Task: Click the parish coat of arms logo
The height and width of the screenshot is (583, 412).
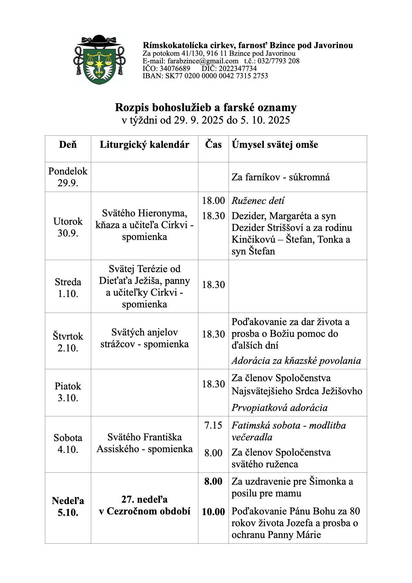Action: point(99,60)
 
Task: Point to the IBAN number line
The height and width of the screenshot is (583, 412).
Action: point(205,76)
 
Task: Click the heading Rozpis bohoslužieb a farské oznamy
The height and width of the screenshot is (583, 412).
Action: point(206,107)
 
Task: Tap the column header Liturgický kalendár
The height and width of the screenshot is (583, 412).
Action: point(144,145)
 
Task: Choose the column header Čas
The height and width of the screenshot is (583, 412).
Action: point(213,144)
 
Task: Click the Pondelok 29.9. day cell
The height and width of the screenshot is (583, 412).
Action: point(68,177)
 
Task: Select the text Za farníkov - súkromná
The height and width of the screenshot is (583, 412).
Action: point(280,177)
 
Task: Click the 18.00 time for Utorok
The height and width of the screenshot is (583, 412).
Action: point(213,200)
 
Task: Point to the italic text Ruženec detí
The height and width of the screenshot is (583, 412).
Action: point(258,201)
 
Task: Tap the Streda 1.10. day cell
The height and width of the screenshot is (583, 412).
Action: point(68,288)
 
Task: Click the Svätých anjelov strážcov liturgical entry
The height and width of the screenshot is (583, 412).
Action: point(144,338)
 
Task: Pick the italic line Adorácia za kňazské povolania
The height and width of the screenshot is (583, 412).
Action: point(296,361)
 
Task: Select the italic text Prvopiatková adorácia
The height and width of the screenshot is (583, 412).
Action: point(279,408)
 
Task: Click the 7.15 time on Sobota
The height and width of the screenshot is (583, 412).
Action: point(213,425)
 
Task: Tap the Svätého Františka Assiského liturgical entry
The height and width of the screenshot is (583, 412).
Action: point(144,443)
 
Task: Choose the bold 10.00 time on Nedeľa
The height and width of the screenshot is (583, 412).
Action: point(213,512)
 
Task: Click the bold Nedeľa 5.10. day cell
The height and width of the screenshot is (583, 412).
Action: point(68,506)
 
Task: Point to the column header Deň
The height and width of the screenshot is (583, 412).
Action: point(68,145)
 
